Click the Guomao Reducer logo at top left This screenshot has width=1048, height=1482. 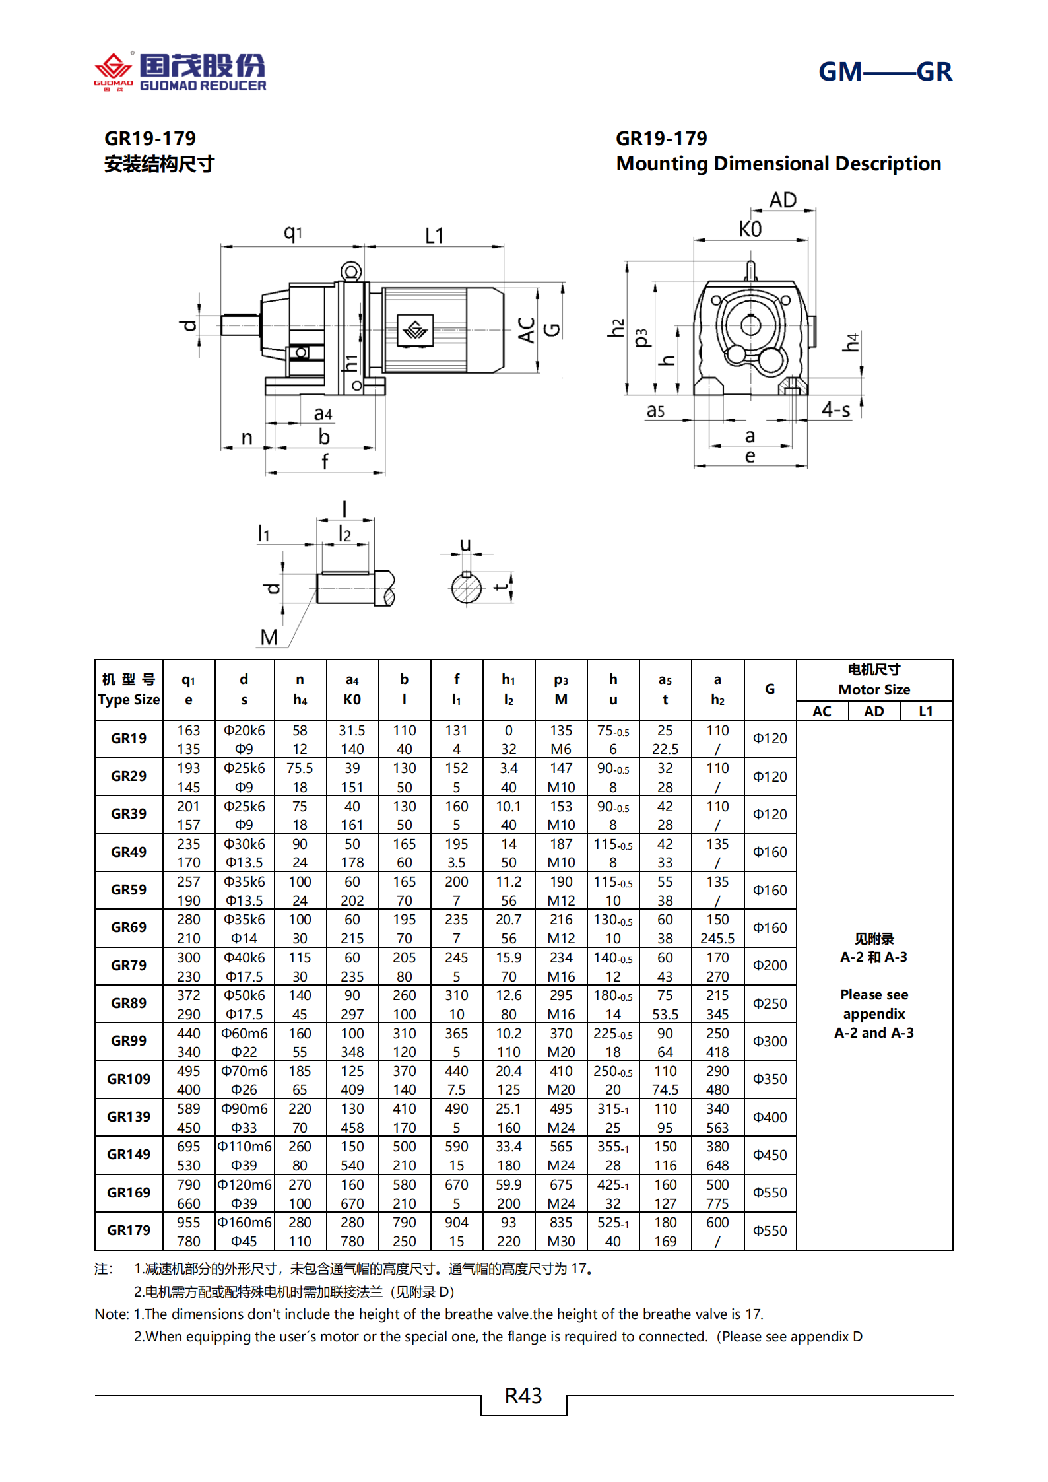180,71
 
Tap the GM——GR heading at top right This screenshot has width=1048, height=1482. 884,71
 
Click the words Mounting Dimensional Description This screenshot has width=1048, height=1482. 778,164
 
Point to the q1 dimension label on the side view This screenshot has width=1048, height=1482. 292,232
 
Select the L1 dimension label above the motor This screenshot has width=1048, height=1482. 434,236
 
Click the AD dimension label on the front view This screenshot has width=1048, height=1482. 783,200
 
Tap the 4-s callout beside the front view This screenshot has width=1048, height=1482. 835,410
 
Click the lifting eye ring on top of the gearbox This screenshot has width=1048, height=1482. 351,271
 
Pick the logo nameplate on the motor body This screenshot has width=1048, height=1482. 416,329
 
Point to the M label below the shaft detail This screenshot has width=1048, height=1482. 269,637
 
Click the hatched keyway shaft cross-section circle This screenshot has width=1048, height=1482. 467,588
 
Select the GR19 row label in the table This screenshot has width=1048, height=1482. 129,739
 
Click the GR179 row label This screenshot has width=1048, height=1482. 129,1230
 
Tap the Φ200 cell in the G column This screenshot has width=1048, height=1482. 770,966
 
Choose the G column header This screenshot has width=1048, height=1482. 770,689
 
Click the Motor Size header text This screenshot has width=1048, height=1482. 874,690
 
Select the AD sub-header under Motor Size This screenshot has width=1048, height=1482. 874,712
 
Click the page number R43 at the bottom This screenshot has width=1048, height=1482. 523,1396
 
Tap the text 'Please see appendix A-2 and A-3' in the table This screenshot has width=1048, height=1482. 874,1014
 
